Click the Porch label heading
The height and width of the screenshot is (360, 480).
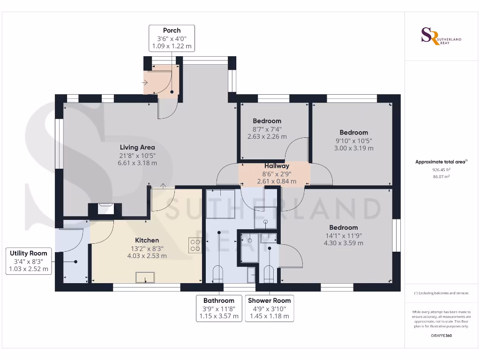point(172,30)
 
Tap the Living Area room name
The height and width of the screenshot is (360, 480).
point(137,148)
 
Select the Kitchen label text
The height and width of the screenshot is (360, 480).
point(147,240)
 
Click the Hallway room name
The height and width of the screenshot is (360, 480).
point(277,166)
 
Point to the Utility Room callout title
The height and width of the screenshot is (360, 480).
point(29,253)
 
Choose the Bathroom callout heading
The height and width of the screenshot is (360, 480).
point(219,300)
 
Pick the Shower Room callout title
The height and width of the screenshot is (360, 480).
point(270,300)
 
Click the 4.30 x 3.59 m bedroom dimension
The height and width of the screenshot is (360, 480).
point(344,243)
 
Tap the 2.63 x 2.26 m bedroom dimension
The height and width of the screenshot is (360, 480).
point(267,136)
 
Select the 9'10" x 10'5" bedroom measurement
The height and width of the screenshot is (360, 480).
point(353,141)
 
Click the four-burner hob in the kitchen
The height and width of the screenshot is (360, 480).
point(195,245)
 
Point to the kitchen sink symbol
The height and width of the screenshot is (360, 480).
point(145,277)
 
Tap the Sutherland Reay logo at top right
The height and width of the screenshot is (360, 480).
point(441,36)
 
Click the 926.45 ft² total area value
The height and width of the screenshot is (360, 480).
point(441,170)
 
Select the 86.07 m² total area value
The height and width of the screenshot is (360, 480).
point(441,177)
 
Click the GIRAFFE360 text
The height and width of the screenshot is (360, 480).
point(441,336)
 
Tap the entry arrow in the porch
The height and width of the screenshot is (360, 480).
point(145,82)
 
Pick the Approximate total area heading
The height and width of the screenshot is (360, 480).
point(441,162)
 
